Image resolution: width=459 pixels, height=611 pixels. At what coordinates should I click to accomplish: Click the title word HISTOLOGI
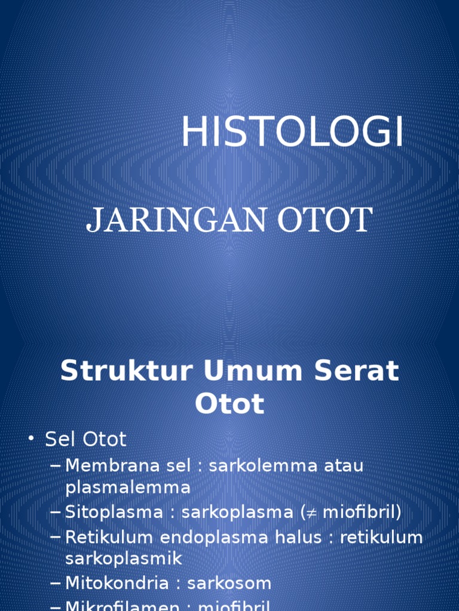tap(292, 132)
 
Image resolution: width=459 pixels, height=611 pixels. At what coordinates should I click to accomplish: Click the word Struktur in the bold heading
tap(127, 371)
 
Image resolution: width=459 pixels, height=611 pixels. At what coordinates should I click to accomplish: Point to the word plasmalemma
tap(128, 487)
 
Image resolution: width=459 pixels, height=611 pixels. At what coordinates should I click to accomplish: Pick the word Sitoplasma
tap(114, 512)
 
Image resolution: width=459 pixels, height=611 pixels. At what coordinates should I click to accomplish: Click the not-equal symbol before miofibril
tap(311, 512)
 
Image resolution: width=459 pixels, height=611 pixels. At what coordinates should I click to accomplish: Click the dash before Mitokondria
tap(56, 584)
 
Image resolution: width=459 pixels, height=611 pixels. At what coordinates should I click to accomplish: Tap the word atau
tap(341, 465)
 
